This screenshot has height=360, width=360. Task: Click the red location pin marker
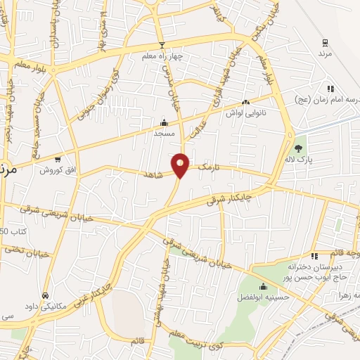181,165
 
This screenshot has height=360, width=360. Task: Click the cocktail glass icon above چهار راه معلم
162,46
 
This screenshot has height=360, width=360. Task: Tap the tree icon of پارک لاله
299,148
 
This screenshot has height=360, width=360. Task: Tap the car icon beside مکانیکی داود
46,295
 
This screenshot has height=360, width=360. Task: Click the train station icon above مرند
324,41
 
